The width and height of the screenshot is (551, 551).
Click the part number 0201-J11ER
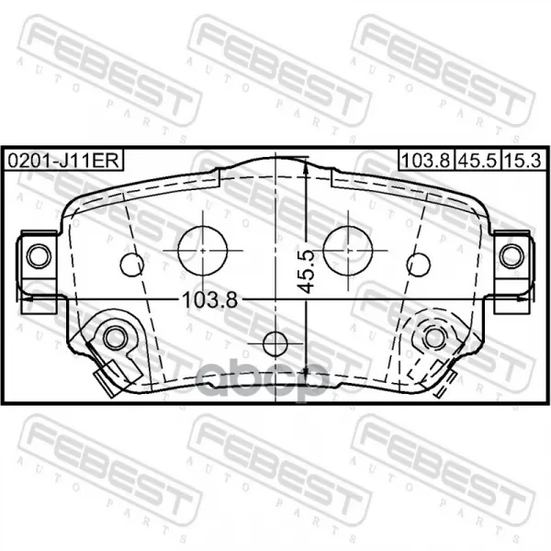[64, 161]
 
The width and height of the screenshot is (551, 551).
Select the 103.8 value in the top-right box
[425, 161]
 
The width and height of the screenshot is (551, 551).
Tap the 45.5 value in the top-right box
[478, 161]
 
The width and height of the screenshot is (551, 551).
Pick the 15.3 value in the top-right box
[523, 161]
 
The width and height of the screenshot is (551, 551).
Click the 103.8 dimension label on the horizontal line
[210, 300]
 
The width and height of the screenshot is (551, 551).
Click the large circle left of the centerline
[203, 251]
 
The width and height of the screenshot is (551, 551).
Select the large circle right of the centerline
[347, 251]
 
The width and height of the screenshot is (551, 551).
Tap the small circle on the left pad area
[131, 264]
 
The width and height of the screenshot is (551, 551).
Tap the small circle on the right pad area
[419, 264]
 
